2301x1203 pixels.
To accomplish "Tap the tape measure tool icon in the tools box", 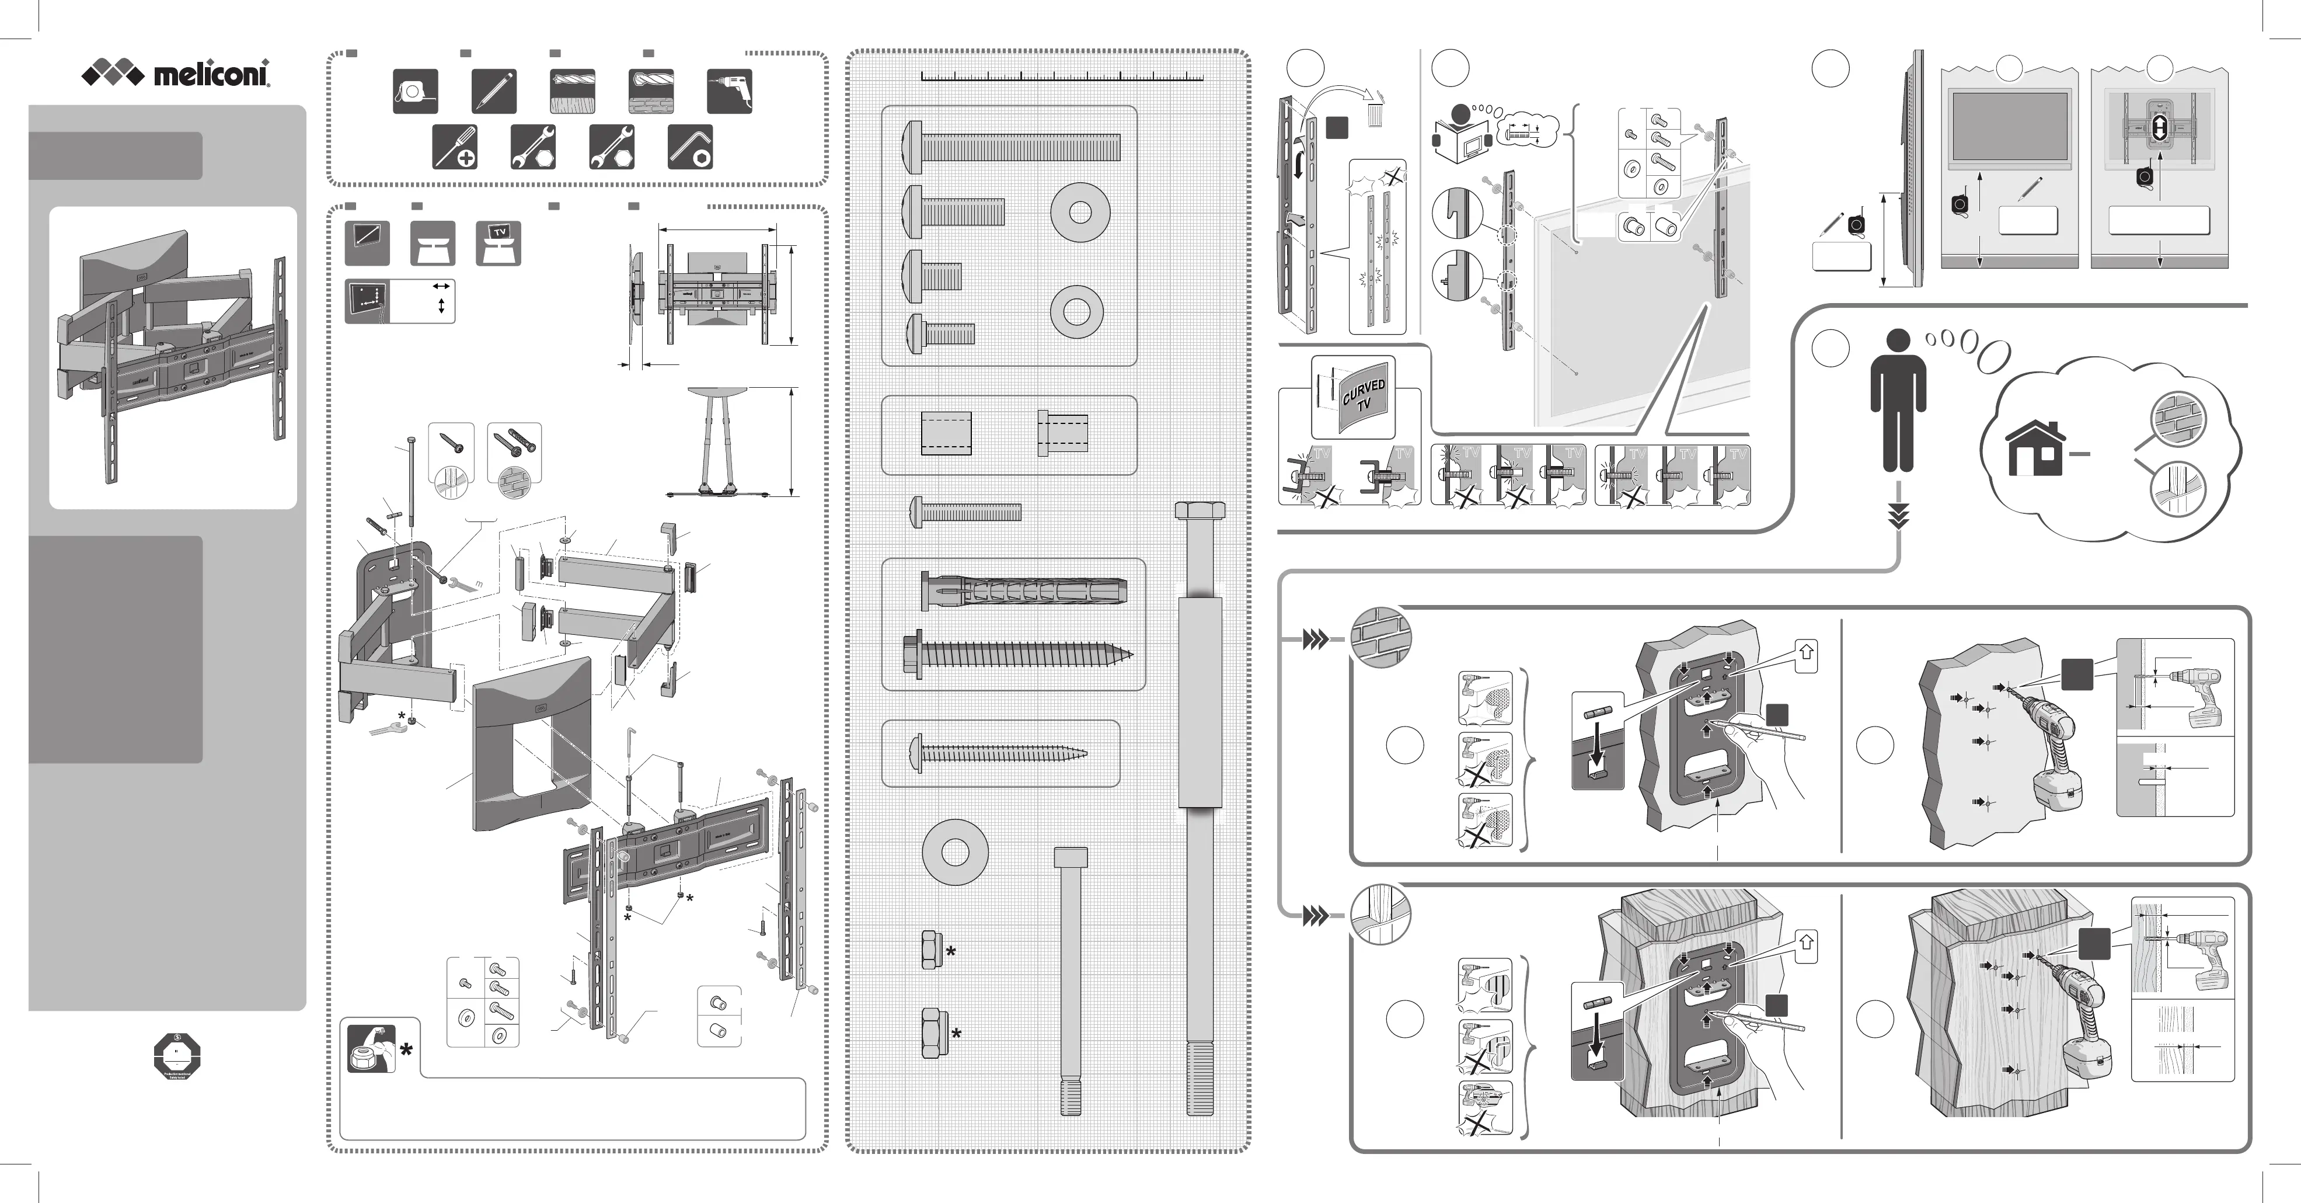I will [416, 91].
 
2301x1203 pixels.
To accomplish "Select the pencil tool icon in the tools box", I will [494, 91].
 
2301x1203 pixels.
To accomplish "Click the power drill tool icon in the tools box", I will [730, 91].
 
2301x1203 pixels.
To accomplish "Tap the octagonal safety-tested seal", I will [177, 1058].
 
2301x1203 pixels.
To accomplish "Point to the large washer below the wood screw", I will [955, 852].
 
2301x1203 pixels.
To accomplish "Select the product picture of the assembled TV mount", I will [172, 357].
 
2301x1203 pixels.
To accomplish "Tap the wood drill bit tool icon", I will [573, 91].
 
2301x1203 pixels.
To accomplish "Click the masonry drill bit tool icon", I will [651, 91].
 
